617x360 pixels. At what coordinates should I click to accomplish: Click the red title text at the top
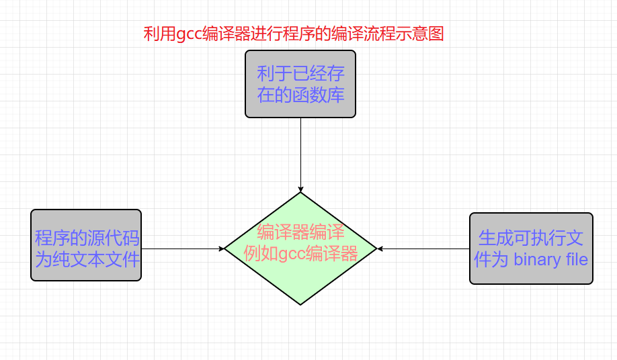(294, 34)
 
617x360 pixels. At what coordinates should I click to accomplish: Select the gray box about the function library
(300, 84)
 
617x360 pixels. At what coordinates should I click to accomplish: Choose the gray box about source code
(86, 244)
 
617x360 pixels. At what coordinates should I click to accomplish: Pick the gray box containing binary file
(531, 249)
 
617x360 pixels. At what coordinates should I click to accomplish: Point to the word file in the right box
(575, 260)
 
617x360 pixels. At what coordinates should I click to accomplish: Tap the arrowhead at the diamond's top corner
(300, 189)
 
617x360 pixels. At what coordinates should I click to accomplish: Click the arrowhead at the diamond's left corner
(221, 249)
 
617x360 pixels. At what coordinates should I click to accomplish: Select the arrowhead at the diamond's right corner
(380, 249)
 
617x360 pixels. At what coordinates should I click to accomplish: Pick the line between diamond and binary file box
(423, 249)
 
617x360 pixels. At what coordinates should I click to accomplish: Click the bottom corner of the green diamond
(300, 304)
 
